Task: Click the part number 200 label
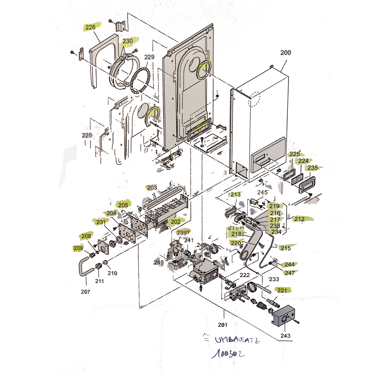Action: click(x=286, y=53)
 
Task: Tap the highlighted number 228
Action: click(x=90, y=27)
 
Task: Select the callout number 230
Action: click(x=127, y=41)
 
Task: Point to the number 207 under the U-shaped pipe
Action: click(x=85, y=292)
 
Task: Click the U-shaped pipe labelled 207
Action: click(x=83, y=268)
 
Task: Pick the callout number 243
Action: click(x=286, y=336)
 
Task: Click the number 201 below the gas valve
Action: click(x=223, y=325)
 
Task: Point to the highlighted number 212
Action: click(x=299, y=219)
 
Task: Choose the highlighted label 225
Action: click(x=295, y=154)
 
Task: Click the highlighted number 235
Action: click(x=313, y=168)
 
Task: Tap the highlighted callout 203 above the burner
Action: click(x=152, y=188)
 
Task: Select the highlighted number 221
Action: click(x=282, y=290)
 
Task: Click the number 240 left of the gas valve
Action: click(x=159, y=262)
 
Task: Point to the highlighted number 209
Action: click(x=78, y=248)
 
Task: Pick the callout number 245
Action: click(x=262, y=192)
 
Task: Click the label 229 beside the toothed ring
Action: click(x=149, y=57)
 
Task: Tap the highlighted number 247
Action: click(x=290, y=273)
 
